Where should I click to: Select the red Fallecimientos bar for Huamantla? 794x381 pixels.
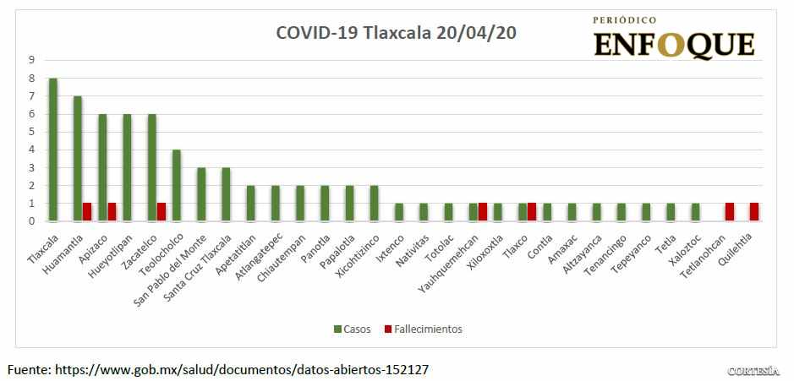tap(87, 212)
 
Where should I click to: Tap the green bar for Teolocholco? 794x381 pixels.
tap(177, 185)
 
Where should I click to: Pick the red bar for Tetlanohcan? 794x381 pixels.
tap(729, 212)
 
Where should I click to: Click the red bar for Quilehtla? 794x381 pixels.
tap(753, 212)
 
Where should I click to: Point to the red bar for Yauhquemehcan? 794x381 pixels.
tap(482, 212)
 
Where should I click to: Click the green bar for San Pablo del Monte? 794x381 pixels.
tap(201, 194)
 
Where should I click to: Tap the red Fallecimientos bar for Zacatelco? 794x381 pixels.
tap(161, 212)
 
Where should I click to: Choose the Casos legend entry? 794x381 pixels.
tap(352, 329)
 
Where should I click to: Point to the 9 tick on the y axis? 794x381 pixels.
tap(31, 60)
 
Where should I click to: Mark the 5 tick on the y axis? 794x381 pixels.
tap(31, 132)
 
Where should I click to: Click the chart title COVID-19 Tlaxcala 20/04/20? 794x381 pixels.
tap(397, 33)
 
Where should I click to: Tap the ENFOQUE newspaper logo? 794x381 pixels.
tap(674, 38)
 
